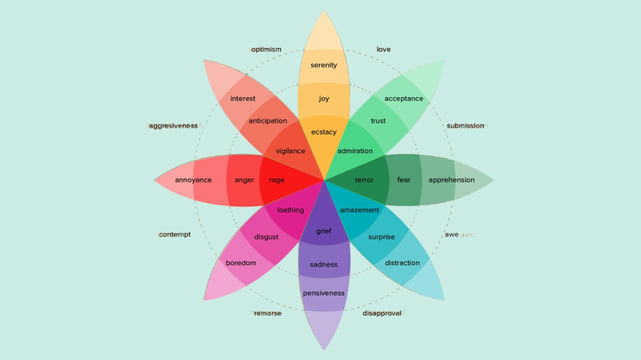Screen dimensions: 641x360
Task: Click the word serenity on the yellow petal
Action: pos(324,65)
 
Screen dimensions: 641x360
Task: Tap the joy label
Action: pos(324,99)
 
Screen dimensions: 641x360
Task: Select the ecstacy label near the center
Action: pos(324,132)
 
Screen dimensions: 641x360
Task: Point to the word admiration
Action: pos(355,151)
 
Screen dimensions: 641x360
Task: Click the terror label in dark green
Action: pos(365,180)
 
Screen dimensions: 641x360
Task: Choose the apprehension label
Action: pos(451,180)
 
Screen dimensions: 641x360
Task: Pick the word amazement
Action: pos(359,210)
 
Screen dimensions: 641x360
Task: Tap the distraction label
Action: pos(402,263)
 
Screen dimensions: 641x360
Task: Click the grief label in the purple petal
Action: pos(324,231)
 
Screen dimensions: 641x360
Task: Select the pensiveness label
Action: pos(324,293)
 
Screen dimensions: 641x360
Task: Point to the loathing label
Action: pos(290,210)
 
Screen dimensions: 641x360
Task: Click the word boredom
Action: pos(241,263)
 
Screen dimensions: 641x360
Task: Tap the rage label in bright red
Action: pos(276,180)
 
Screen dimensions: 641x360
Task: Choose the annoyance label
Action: pos(193,180)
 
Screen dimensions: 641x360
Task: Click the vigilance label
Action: pos(290,151)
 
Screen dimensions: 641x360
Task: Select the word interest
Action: pos(243,99)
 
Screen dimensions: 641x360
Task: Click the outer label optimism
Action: pos(266,50)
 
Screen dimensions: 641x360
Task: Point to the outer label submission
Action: pos(466,126)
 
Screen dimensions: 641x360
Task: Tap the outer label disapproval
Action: pos(382,313)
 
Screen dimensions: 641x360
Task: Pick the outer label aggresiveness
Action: pos(173,126)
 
